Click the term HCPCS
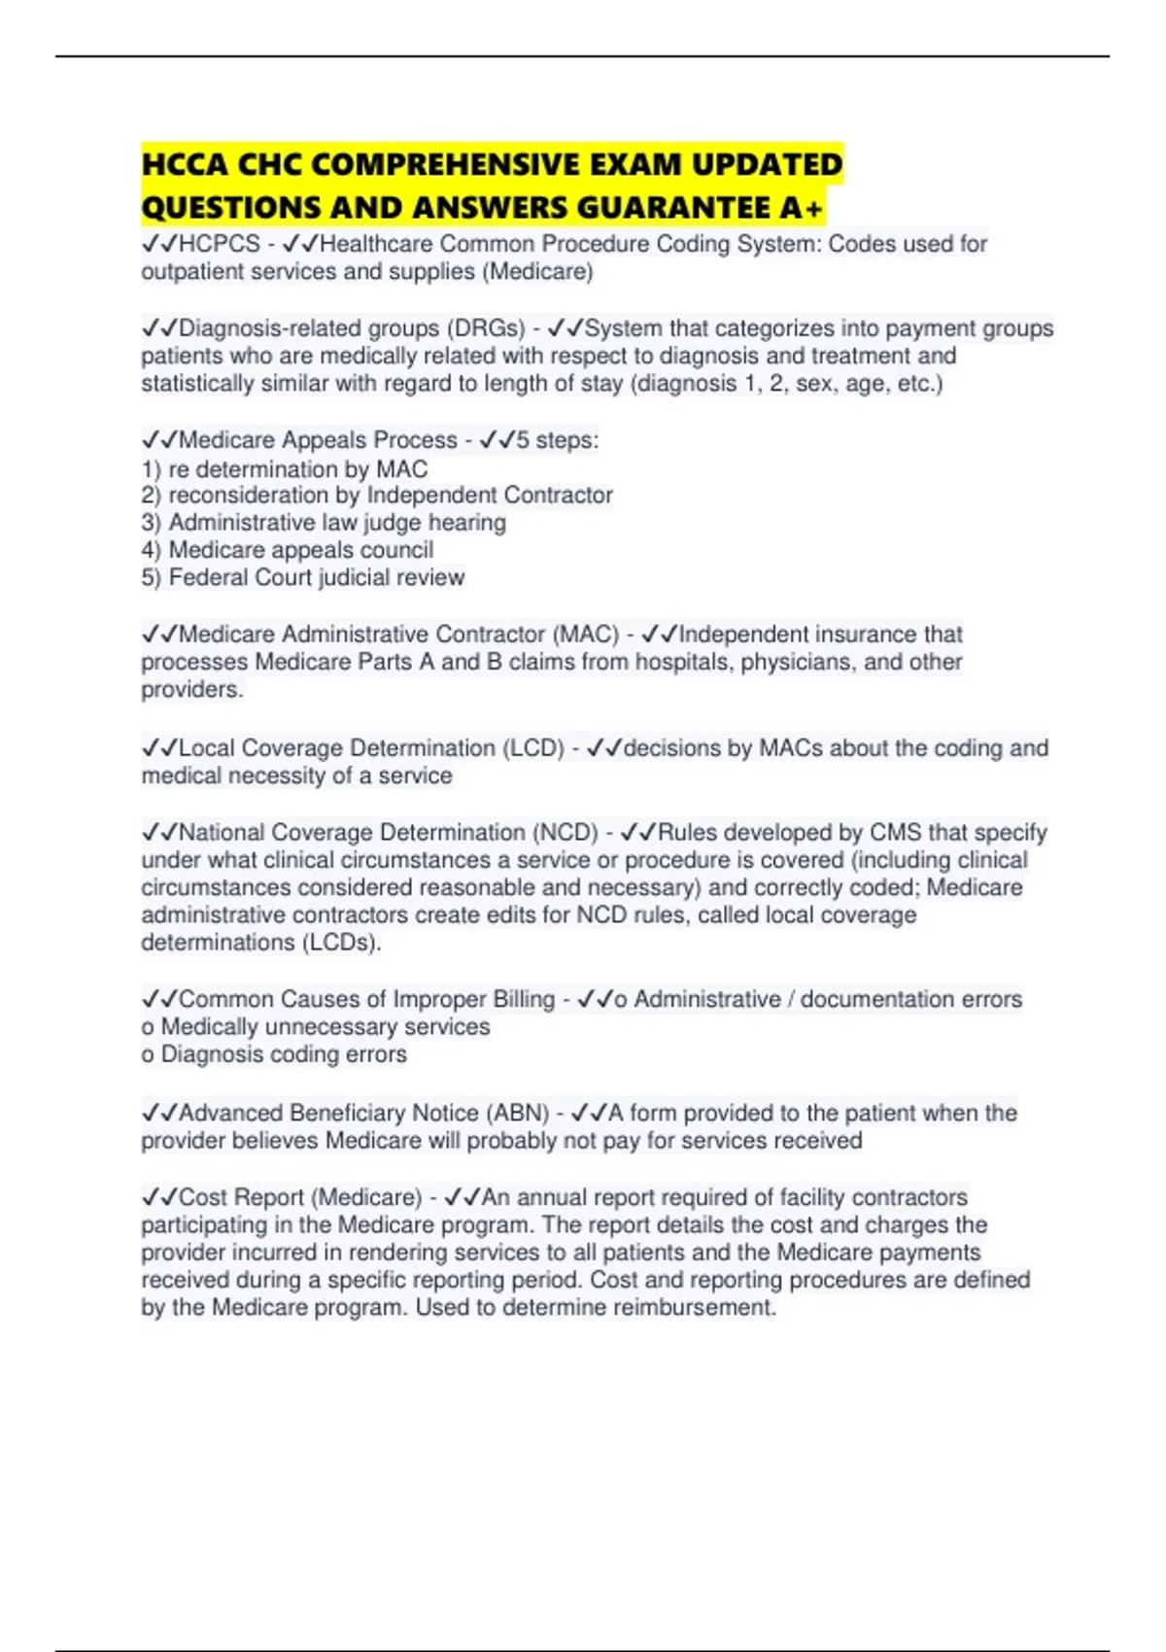(x=220, y=244)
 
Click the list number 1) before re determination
(x=151, y=469)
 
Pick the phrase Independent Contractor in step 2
(x=490, y=496)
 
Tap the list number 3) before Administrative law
(x=151, y=523)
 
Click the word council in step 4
(x=401, y=550)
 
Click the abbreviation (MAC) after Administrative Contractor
(x=586, y=635)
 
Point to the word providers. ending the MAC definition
(x=192, y=690)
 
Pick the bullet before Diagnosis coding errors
(x=148, y=1055)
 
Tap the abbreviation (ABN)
(x=518, y=1113)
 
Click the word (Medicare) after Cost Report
(x=368, y=1197)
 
